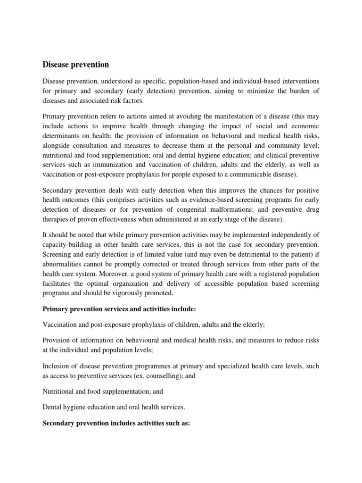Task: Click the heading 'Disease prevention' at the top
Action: pos(75,65)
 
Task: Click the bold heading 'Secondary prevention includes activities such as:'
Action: pos(116,424)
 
